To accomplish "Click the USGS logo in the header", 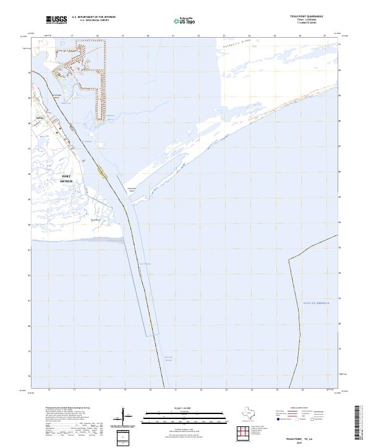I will pos(57,20).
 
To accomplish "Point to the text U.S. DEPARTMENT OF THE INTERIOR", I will pos(93,17).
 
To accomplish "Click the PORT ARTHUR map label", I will pos(66,179).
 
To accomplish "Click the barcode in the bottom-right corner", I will pos(361,423).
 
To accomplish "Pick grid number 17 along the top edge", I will pos(72,36).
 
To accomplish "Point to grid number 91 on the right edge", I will pos(339,44).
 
